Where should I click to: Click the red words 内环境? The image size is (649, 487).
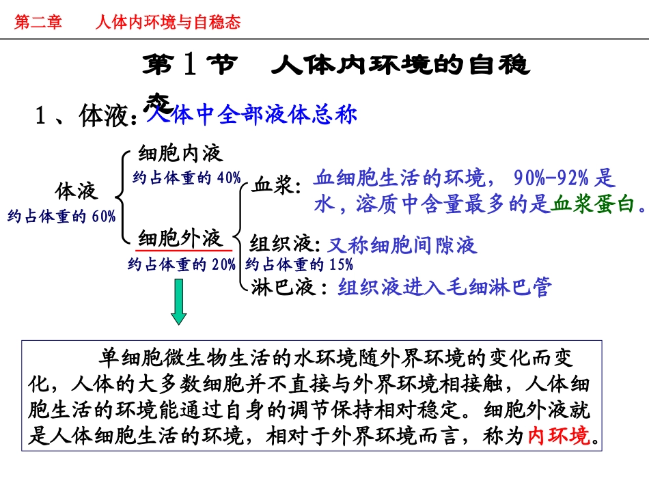pos(559,436)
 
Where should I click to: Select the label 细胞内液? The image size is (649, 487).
pos(180,152)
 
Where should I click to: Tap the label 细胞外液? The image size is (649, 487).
pos(180,238)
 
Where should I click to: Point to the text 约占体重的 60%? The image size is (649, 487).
pos(62,217)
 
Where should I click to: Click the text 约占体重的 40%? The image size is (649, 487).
pos(187,178)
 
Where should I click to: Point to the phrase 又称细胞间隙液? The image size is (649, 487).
pos(402,245)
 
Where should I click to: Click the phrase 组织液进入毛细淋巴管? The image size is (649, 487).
pos(444,288)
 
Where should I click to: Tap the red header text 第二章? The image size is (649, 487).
pos(38,23)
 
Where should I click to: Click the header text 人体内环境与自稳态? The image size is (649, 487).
pos(168,23)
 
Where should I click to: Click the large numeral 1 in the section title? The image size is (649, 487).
pos(191,66)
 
